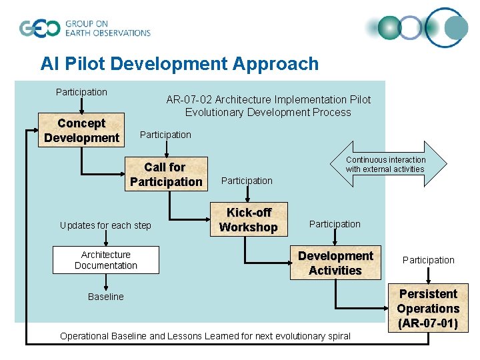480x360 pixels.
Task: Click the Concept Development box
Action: tap(81, 130)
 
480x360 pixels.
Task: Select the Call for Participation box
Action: tap(166, 174)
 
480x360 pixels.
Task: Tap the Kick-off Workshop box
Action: tap(248, 219)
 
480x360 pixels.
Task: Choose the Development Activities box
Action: tap(335, 263)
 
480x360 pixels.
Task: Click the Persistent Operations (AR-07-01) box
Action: tap(427, 309)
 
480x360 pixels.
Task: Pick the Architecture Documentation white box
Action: tap(106, 260)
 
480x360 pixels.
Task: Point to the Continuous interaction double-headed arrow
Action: tap(385, 164)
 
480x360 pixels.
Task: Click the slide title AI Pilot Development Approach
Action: tap(179, 64)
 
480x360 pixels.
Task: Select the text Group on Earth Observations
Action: tap(107, 28)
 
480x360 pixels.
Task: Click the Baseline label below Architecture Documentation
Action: tap(106, 297)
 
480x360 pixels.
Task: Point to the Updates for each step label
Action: tap(105, 225)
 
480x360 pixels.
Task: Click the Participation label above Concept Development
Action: tap(81, 92)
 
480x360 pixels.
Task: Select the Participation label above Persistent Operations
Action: tap(429, 260)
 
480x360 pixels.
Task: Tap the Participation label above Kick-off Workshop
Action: tap(247, 181)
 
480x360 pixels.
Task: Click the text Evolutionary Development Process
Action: tap(268, 112)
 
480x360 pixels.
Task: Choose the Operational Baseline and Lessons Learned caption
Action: tap(205, 336)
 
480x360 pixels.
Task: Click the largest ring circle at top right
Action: tap(447, 28)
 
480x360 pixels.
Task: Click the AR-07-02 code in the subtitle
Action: tap(189, 99)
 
